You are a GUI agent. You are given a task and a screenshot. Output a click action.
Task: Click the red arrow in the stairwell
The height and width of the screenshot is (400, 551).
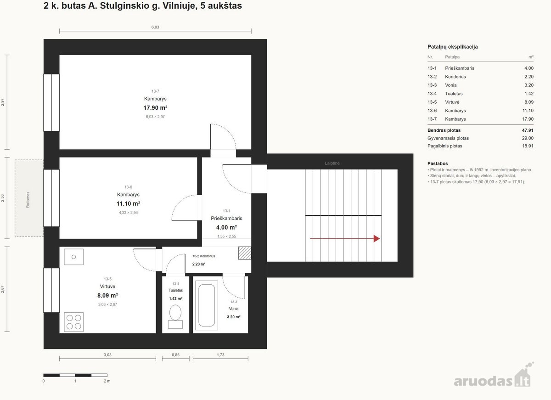click(345, 238)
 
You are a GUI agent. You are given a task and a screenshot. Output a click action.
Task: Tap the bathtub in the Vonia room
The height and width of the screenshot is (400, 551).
click(207, 305)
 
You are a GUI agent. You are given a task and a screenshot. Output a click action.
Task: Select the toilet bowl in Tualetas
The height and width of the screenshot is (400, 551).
click(175, 313)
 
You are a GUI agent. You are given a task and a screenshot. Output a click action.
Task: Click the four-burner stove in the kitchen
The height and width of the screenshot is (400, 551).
click(74, 322)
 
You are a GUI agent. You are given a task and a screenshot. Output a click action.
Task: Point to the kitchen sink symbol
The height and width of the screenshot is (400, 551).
click(74, 257)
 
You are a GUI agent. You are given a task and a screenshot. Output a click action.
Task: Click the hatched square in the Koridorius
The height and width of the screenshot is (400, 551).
click(245, 253)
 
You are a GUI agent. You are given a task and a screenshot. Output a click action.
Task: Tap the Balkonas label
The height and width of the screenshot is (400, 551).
click(28, 200)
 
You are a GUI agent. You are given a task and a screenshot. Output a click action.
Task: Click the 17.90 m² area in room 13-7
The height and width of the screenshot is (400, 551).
click(155, 108)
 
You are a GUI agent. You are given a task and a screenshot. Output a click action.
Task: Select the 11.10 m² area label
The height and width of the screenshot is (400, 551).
click(128, 204)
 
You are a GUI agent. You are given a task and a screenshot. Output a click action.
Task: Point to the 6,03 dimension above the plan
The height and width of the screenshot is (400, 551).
click(155, 27)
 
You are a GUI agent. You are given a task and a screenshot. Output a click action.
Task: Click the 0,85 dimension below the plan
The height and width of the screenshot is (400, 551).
click(175, 355)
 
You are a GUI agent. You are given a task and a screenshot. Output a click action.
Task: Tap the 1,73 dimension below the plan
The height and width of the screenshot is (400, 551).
click(221, 355)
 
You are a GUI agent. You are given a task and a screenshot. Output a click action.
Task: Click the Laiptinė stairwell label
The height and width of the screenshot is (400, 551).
click(332, 163)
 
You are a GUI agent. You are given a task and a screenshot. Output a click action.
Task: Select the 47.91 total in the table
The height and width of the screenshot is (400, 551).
click(528, 130)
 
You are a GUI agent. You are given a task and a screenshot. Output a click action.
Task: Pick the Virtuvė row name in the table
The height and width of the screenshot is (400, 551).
click(452, 102)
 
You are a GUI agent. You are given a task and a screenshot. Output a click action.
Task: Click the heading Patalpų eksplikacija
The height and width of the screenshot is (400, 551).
click(453, 47)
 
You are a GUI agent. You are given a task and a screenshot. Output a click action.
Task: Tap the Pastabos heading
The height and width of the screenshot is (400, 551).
click(438, 163)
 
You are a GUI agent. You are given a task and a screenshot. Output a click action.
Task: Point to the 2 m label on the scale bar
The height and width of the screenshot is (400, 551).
click(107, 381)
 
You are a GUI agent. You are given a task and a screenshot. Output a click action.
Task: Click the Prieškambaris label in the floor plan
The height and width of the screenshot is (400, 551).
click(226, 218)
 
